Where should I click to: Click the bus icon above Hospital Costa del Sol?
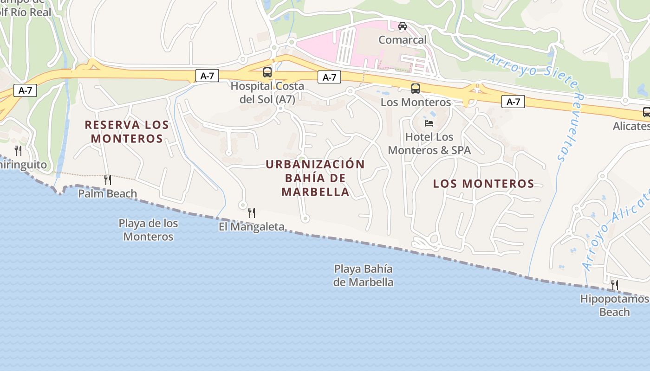click(267, 72)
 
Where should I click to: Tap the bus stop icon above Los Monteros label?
click(416, 88)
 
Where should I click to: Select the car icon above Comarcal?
click(403, 26)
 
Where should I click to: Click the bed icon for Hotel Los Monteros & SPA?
click(429, 123)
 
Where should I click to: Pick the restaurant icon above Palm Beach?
click(108, 179)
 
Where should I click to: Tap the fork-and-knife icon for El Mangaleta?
click(252, 213)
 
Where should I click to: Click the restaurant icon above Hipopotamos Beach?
click(615, 285)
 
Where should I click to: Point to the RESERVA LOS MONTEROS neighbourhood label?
click(127, 131)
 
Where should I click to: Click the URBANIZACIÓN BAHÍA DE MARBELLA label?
click(315, 178)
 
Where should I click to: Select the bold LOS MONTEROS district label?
click(483, 184)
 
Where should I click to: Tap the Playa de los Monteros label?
click(148, 230)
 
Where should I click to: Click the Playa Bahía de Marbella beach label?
click(363, 275)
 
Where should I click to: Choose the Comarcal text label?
click(402, 40)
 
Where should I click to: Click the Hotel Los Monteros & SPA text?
click(429, 144)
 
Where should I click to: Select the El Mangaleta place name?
click(251, 227)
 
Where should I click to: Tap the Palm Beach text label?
click(107, 193)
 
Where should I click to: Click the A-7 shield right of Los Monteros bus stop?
click(513, 102)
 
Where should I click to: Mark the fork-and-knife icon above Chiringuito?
click(18, 151)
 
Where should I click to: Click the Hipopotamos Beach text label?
click(614, 305)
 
